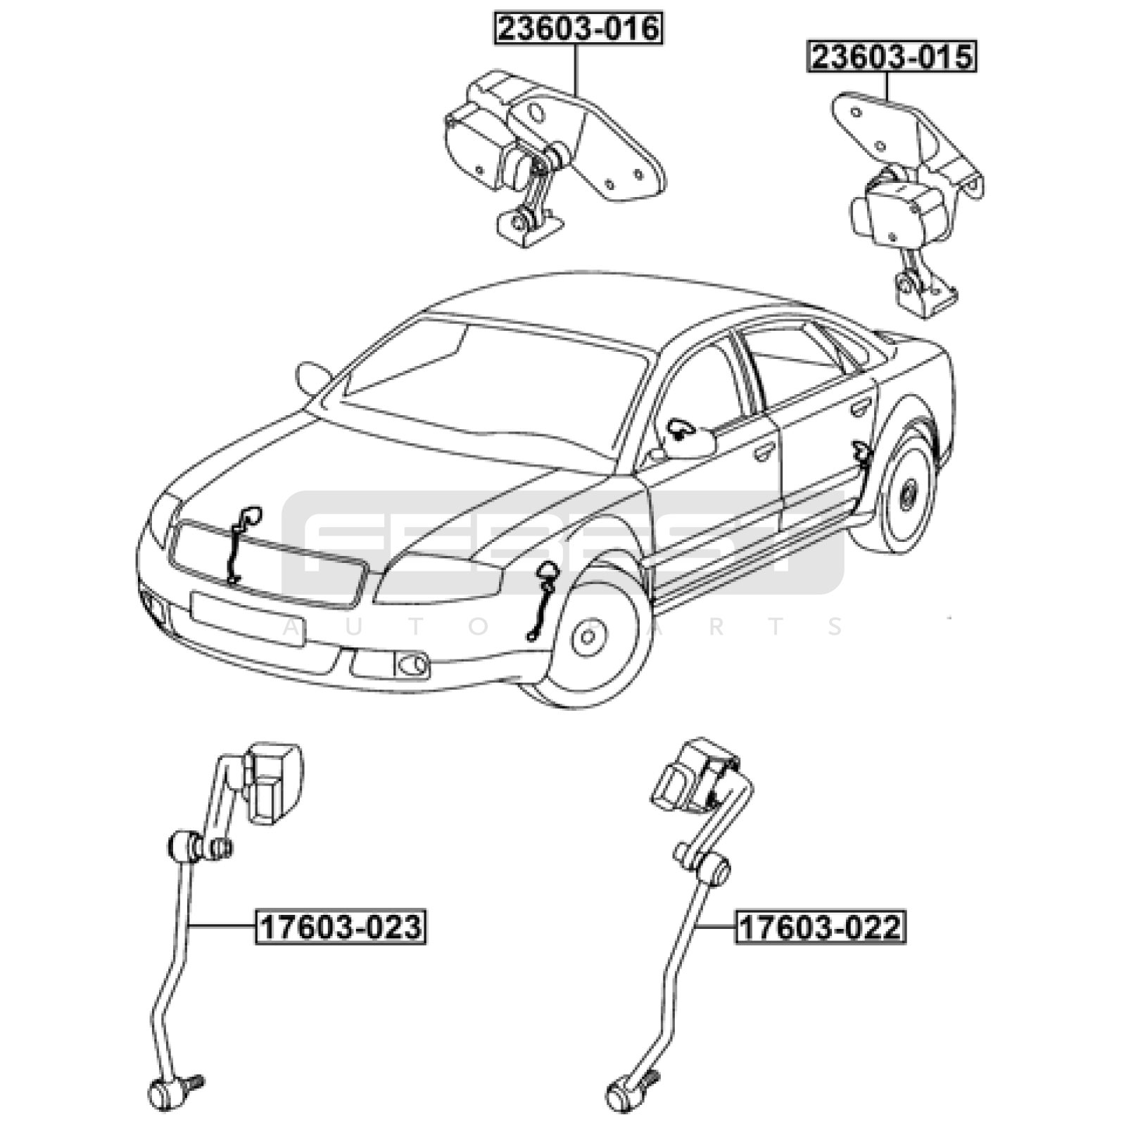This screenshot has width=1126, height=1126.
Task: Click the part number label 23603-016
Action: click(x=578, y=29)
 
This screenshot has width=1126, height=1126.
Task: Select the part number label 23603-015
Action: click(x=892, y=56)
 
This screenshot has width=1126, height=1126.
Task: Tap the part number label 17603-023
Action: click(x=341, y=927)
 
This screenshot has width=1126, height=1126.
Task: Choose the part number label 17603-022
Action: click(x=821, y=927)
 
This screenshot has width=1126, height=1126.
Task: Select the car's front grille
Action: click(x=267, y=563)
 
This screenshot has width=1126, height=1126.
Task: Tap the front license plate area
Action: click(x=260, y=619)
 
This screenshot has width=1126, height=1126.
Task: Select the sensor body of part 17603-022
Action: click(x=693, y=774)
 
